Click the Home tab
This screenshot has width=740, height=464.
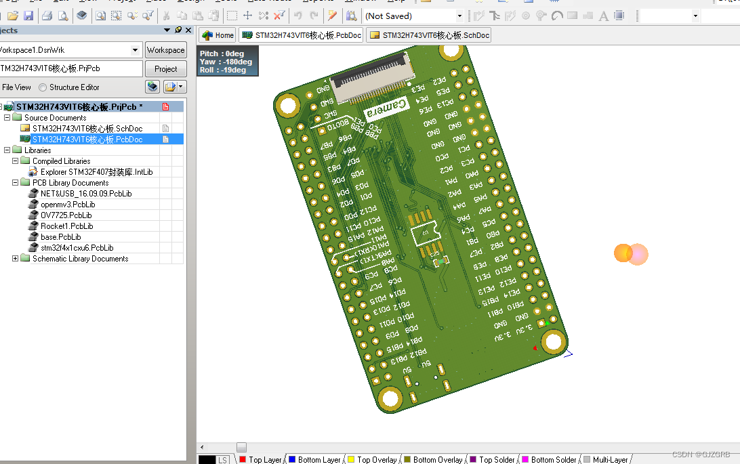coord(218,35)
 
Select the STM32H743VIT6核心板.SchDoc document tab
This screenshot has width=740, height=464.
coord(429,35)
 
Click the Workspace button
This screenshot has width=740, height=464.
coord(165,50)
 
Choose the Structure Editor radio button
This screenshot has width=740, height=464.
coord(43,87)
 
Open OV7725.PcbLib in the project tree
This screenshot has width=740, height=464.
coord(66,215)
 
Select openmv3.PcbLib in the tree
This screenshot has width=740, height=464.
coord(67,205)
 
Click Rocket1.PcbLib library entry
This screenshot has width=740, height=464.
coord(66,226)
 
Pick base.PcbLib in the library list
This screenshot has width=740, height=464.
coord(60,237)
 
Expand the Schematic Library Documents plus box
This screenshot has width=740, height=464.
coord(16,259)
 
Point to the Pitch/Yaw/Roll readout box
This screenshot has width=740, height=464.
coord(227,62)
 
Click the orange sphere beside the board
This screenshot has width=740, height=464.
coord(623,253)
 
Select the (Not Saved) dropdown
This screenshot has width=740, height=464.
coord(413,16)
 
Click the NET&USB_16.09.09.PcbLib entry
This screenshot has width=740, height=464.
coord(86,194)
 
